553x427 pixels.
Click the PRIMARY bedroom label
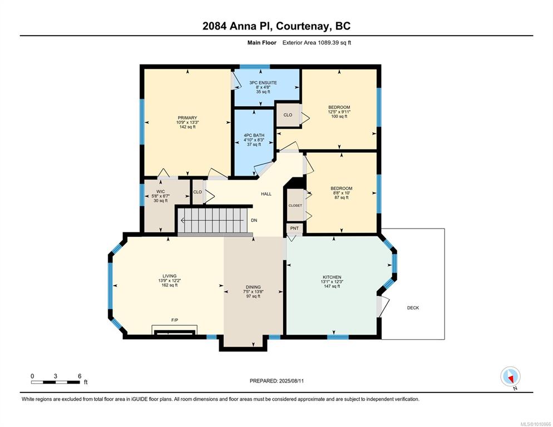tap(187, 118)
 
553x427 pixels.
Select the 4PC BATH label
tap(254, 136)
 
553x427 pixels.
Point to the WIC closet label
tap(160, 191)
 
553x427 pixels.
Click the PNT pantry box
tap(294, 229)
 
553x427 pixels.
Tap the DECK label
tap(413, 308)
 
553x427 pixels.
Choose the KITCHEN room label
tap(332, 277)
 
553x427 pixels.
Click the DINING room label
tap(253, 287)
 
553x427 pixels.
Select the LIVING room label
tap(169, 276)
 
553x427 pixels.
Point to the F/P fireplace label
tap(175, 320)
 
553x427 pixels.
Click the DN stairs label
tap(254, 220)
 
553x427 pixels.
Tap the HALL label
tap(266, 194)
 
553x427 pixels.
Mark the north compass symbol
tap(511, 376)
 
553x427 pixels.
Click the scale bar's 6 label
tap(80, 376)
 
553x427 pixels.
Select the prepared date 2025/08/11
tap(292, 381)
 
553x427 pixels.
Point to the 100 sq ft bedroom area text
tap(339, 116)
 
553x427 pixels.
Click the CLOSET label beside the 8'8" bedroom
tap(295, 206)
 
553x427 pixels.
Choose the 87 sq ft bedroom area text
tap(342, 197)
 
